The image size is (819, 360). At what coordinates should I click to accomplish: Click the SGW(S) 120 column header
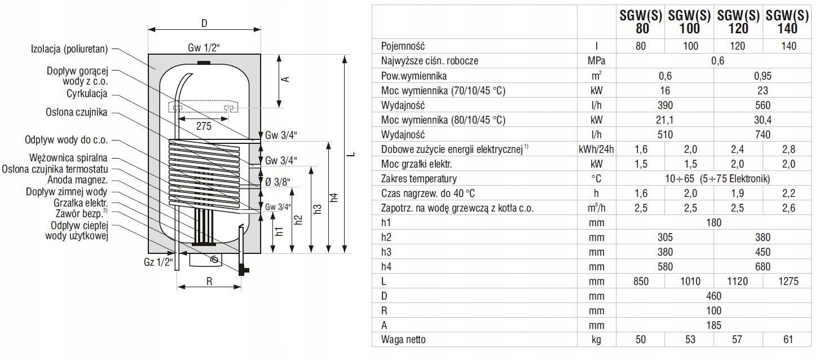point(738,22)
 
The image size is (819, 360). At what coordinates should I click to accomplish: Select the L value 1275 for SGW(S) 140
point(789,282)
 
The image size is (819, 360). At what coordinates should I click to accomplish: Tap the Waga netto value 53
point(690,340)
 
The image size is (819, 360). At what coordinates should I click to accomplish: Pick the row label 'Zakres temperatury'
point(419,179)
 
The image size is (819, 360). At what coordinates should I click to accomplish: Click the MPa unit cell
point(596,61)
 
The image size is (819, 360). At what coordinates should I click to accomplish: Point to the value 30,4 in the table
point(763,120)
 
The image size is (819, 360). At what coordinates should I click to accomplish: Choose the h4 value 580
point(665,267)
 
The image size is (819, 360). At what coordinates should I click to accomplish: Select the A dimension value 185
point(714,325)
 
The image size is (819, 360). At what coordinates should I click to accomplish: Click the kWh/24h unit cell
point(596,150)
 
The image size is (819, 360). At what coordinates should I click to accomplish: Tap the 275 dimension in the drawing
point(204,126)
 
